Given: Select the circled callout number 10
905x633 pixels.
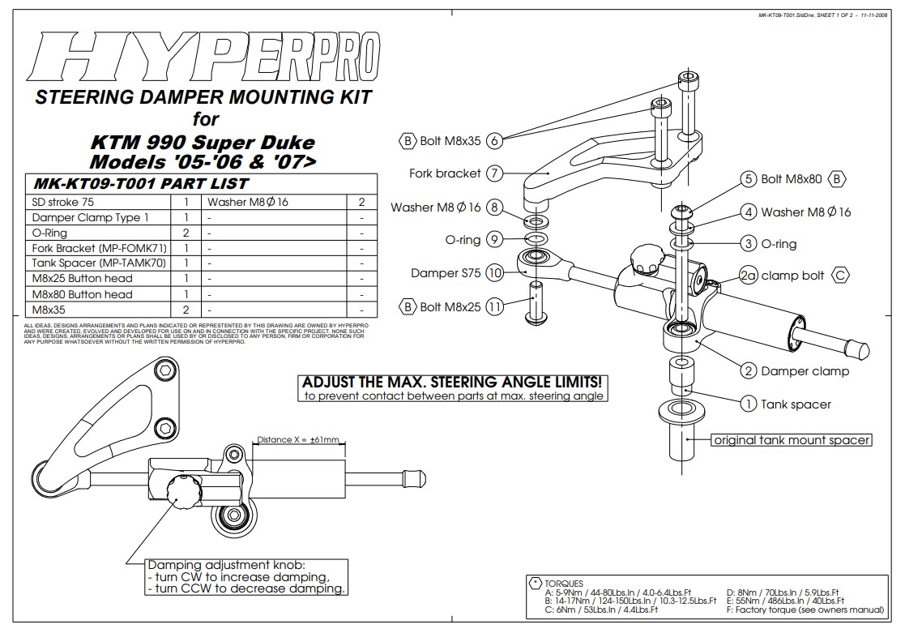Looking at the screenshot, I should point(496,273).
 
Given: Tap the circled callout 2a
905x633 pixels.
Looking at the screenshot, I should point(749,276).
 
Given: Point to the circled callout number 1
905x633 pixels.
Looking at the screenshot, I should point(749,404).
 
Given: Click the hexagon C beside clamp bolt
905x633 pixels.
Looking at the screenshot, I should point(841,276).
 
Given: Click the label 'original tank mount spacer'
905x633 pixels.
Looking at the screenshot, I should point(791,440).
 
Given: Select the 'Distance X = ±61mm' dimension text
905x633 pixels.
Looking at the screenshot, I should point(297,439).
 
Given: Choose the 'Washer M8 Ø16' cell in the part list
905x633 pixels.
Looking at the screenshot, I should point(248,202).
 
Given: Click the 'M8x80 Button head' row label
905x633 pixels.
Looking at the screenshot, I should point(82,294).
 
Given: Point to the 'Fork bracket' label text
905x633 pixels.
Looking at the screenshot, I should point(445,173).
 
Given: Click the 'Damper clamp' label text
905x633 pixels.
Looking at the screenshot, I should point(805,371).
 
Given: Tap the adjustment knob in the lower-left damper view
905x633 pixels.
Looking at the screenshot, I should point(177,490).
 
